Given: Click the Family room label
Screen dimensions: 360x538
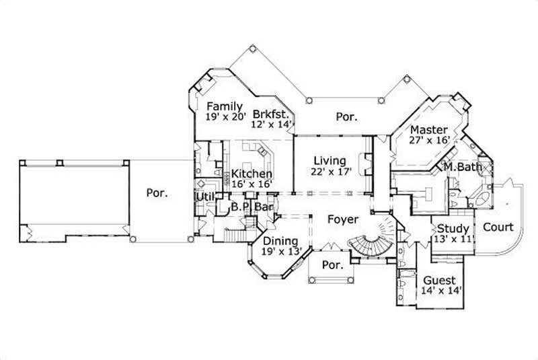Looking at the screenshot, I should [x=224, y=106].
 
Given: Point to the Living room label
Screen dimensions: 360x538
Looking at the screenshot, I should [x=330, y=161].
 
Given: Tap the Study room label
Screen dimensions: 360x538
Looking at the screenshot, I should [x=453, y=228].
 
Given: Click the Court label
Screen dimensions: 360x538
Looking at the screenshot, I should [x=498, y=227].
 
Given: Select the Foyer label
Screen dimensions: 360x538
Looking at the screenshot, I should [x=343, y=218].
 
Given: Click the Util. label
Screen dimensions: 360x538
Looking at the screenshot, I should [x=204, y=196].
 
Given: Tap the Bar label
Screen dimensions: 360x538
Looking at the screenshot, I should [x=264, y=207].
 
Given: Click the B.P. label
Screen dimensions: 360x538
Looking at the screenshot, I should [x=240, y=207].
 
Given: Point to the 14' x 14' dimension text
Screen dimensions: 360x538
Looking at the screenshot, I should [x=440, y=291].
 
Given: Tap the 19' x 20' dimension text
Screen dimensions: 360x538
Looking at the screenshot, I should [x=227, y=117].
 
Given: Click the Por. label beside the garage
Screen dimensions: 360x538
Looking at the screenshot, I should [x=156, y=193].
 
